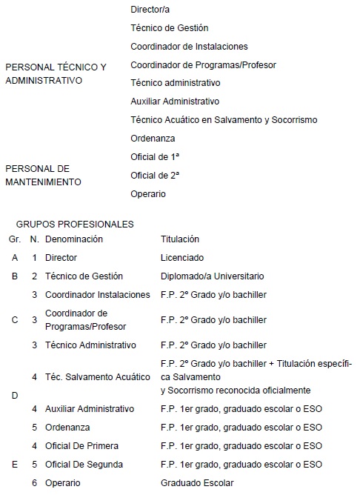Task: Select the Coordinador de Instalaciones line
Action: point(188,47)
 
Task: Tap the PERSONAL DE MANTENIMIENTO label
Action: point(43,175)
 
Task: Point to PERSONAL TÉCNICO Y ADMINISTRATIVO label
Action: point(56,73)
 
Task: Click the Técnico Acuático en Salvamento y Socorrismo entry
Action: point(223,119)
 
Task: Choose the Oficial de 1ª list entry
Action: point(155,156)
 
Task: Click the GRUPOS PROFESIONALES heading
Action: point(69,223)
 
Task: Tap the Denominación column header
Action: point(73,239)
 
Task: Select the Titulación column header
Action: point(180,239)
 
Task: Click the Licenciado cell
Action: point(182,258)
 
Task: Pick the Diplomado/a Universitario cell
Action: point(212,276)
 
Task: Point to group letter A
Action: point(15,258)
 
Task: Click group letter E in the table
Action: point(15,465)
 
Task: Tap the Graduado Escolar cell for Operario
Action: point(197,483)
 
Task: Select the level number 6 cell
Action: point(34,483)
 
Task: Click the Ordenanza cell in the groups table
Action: point(65,428)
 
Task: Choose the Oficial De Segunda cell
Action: point(84,465)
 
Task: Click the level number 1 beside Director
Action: point(34,258)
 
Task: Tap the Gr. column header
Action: point(15,239)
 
